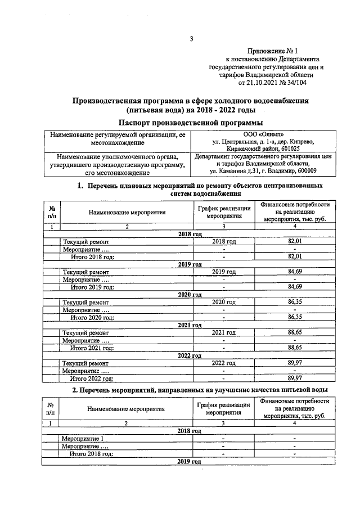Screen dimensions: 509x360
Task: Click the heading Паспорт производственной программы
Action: pos(191,123)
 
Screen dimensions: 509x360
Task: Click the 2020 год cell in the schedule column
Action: pos(223,302)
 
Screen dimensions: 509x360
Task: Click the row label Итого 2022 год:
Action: pos(92,379)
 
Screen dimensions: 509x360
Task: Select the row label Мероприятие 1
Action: pos(83,438)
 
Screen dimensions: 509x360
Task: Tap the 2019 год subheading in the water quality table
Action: pos(190,461)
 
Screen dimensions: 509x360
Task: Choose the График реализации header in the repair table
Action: pos(223,211)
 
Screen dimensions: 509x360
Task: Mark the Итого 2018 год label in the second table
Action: pos(92,453)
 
